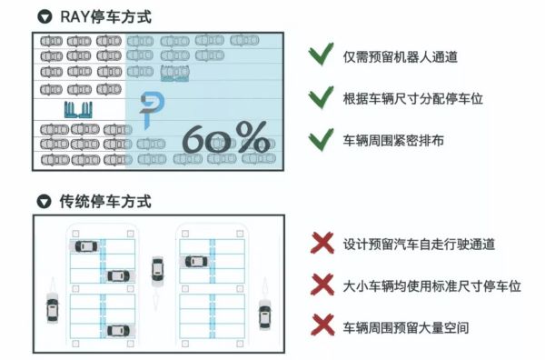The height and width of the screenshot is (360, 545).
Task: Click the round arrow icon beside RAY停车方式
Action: (43, 16)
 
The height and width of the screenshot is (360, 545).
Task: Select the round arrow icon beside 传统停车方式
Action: (43, 200)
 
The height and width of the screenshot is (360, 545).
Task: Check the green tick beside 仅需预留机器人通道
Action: (319, 55)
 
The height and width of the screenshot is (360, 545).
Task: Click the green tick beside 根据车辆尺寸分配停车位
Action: (319, 98)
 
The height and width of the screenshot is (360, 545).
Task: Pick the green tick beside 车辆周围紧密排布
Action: (319, 140)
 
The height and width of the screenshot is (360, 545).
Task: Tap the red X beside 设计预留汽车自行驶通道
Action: (321, 244)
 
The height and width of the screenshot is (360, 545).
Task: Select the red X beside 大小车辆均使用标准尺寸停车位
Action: (321, 285)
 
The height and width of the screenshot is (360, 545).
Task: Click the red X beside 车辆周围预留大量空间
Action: (321, 325)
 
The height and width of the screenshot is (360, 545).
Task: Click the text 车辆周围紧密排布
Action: (392, 141)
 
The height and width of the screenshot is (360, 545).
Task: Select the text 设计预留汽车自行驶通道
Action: (417, 245)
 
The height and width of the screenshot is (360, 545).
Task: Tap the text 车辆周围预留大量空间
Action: (404, 325)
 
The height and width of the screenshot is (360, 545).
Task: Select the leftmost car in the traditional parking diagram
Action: (52, 310)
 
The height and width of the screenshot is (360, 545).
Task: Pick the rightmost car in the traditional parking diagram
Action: (264, 314)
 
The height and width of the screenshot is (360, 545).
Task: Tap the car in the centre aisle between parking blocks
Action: (157, 269)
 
